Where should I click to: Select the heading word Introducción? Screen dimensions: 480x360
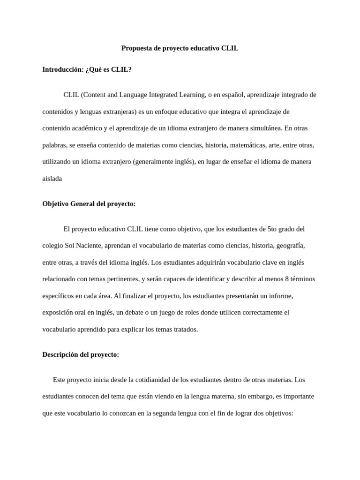pos(62,69)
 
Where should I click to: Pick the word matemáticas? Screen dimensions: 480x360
pos(254,145)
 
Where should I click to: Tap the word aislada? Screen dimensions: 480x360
pos(52,179)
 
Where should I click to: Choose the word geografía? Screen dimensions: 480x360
pos(291,246)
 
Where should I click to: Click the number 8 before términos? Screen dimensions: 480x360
pos(286,279)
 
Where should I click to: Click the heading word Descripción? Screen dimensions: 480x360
pos(60,354)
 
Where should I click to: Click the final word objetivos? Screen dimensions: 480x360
pos(277,413)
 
